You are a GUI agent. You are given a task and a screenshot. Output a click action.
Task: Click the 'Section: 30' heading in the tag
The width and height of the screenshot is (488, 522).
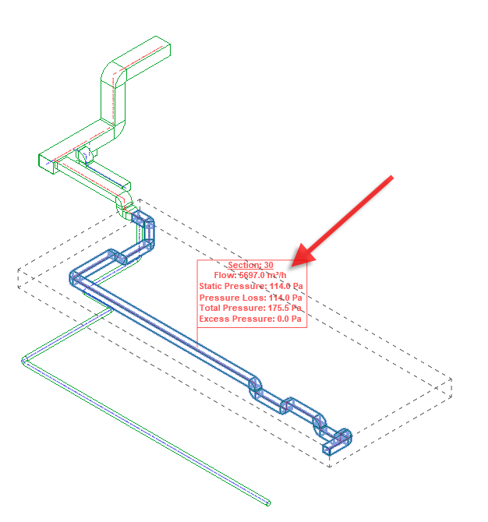point(250,266)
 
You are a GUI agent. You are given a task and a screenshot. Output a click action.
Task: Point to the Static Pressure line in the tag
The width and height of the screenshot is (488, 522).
point(250,287)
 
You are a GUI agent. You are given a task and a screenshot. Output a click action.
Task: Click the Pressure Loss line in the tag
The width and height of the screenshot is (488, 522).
point(250,298)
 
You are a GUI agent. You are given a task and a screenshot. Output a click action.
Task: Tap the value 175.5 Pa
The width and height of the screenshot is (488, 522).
point(285,309)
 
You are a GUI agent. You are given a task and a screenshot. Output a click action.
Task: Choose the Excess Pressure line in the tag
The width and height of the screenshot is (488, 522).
point(250,319)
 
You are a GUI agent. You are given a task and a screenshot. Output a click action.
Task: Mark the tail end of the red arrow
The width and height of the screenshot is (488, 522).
point(391,178)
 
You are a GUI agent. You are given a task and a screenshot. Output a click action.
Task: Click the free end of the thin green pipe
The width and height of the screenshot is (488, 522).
point(271,503)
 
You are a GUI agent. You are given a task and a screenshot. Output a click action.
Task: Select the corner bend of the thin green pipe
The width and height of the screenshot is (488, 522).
point(24,360)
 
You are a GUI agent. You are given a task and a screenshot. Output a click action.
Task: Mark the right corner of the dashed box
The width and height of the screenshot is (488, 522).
point(452,382)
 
